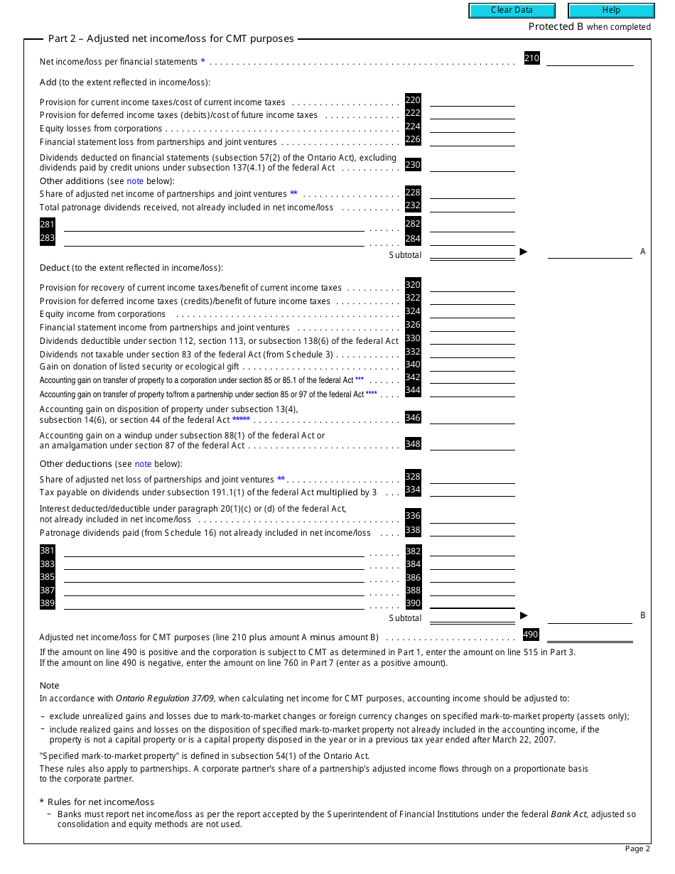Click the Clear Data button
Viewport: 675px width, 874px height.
(x=512, y=11)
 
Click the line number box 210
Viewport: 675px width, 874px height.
(x=531, y=58)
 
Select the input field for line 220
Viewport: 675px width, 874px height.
(x=472, y=101)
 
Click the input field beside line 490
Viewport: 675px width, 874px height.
(x=590, y=635)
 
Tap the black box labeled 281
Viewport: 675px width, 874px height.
(x=48, y=225)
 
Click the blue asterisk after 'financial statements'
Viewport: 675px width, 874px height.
(x=203, y=62)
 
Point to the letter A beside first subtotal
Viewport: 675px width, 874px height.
(x=642, y=252)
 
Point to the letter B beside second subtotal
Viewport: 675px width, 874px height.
(x=642, y=615)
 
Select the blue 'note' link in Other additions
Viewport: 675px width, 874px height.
(x=135, y=181)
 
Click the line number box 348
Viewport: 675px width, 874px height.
(x=413, y=444)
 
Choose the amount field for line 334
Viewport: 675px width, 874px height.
(x=472, y=490)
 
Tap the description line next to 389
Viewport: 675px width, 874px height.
(x=213, y=604)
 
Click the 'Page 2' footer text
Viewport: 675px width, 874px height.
(x=637, y=848)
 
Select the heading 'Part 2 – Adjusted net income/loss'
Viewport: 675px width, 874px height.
(x=171, y=39)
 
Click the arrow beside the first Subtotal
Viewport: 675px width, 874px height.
(x=524, y=252)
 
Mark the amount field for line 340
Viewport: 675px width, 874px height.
(x=472, y=365)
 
